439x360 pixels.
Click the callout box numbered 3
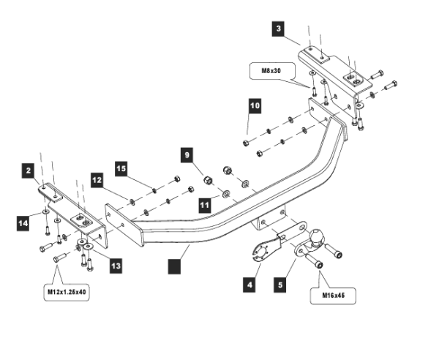tap(278, 29)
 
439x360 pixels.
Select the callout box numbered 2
tap(29, 171)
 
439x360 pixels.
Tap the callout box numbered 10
tap(254, 106)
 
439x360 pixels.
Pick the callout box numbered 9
tap(187, 155)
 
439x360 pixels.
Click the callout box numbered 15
tap(121, 169)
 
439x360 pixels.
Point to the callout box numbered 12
tap(98, 179)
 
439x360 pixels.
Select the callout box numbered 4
tap(251, 284)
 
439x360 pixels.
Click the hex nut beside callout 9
tap(207, 179)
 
